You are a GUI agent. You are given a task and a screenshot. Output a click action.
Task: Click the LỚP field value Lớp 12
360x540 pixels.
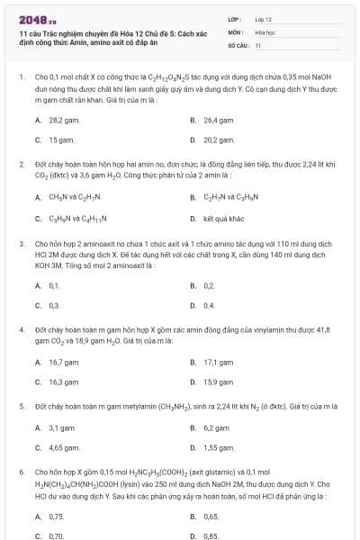pos(263,18)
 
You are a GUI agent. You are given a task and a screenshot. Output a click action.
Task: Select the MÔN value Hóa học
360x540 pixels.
pos(265,31)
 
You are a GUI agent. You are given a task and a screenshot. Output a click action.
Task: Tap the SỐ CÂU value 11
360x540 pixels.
pos(258,44)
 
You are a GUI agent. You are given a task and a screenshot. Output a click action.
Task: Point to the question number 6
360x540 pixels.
pos(21,471)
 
